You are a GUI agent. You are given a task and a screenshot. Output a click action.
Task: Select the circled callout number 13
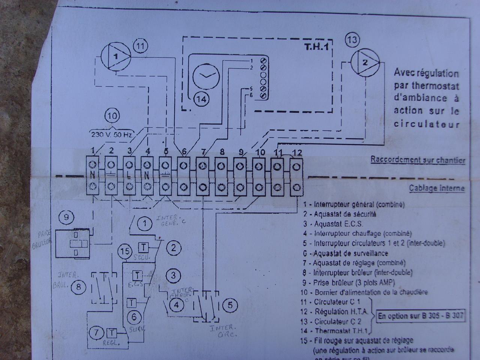pos(352,40)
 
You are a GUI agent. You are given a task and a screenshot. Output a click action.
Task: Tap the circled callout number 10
pos(112,115)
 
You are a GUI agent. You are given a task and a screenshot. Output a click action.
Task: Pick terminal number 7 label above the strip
pos(203,152)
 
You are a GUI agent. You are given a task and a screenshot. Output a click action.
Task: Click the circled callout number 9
pos(67,217)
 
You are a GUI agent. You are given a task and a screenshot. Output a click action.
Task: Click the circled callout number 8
pos(78,287)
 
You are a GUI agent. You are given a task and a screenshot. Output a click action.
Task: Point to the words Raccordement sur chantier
pos(418,160)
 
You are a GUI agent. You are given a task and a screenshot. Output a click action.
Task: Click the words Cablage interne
pos(436,188)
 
